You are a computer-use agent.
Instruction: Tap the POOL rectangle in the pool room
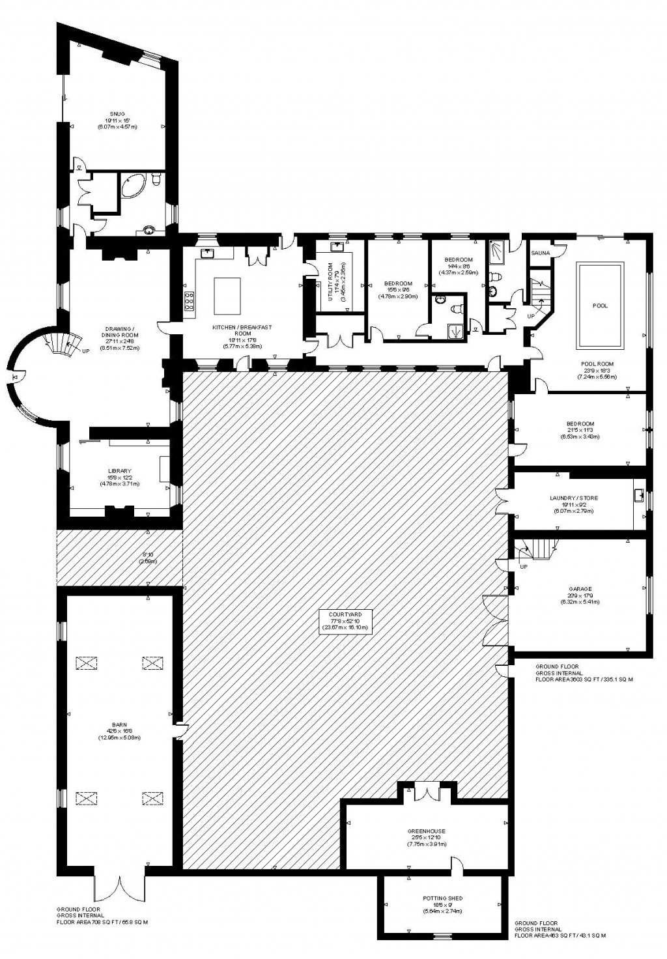[x=600, y=305]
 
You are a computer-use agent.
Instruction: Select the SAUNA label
[x=541, y=253]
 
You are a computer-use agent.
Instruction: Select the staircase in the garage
[x=538, y=549]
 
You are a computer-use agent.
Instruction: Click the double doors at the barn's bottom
[x=119, y=887]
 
